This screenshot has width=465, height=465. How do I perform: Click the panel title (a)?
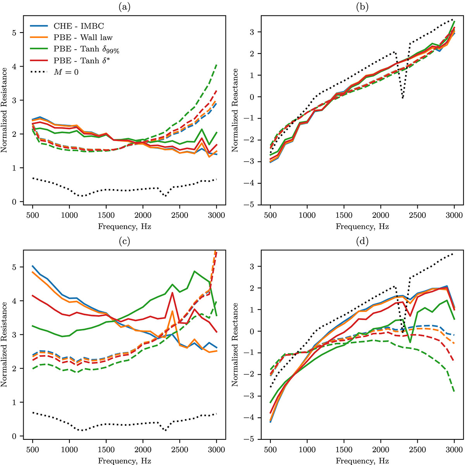click(124, 6)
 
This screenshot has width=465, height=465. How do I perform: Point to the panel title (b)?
click(362, 6)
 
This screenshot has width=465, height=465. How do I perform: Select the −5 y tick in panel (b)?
click(251, 205)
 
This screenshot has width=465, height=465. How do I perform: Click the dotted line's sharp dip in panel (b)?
click(403, 98)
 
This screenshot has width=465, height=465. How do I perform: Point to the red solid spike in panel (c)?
click(172, 293)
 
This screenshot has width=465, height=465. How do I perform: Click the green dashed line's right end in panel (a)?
click(216, 65)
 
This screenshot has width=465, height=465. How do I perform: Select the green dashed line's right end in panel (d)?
click(454, 392)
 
